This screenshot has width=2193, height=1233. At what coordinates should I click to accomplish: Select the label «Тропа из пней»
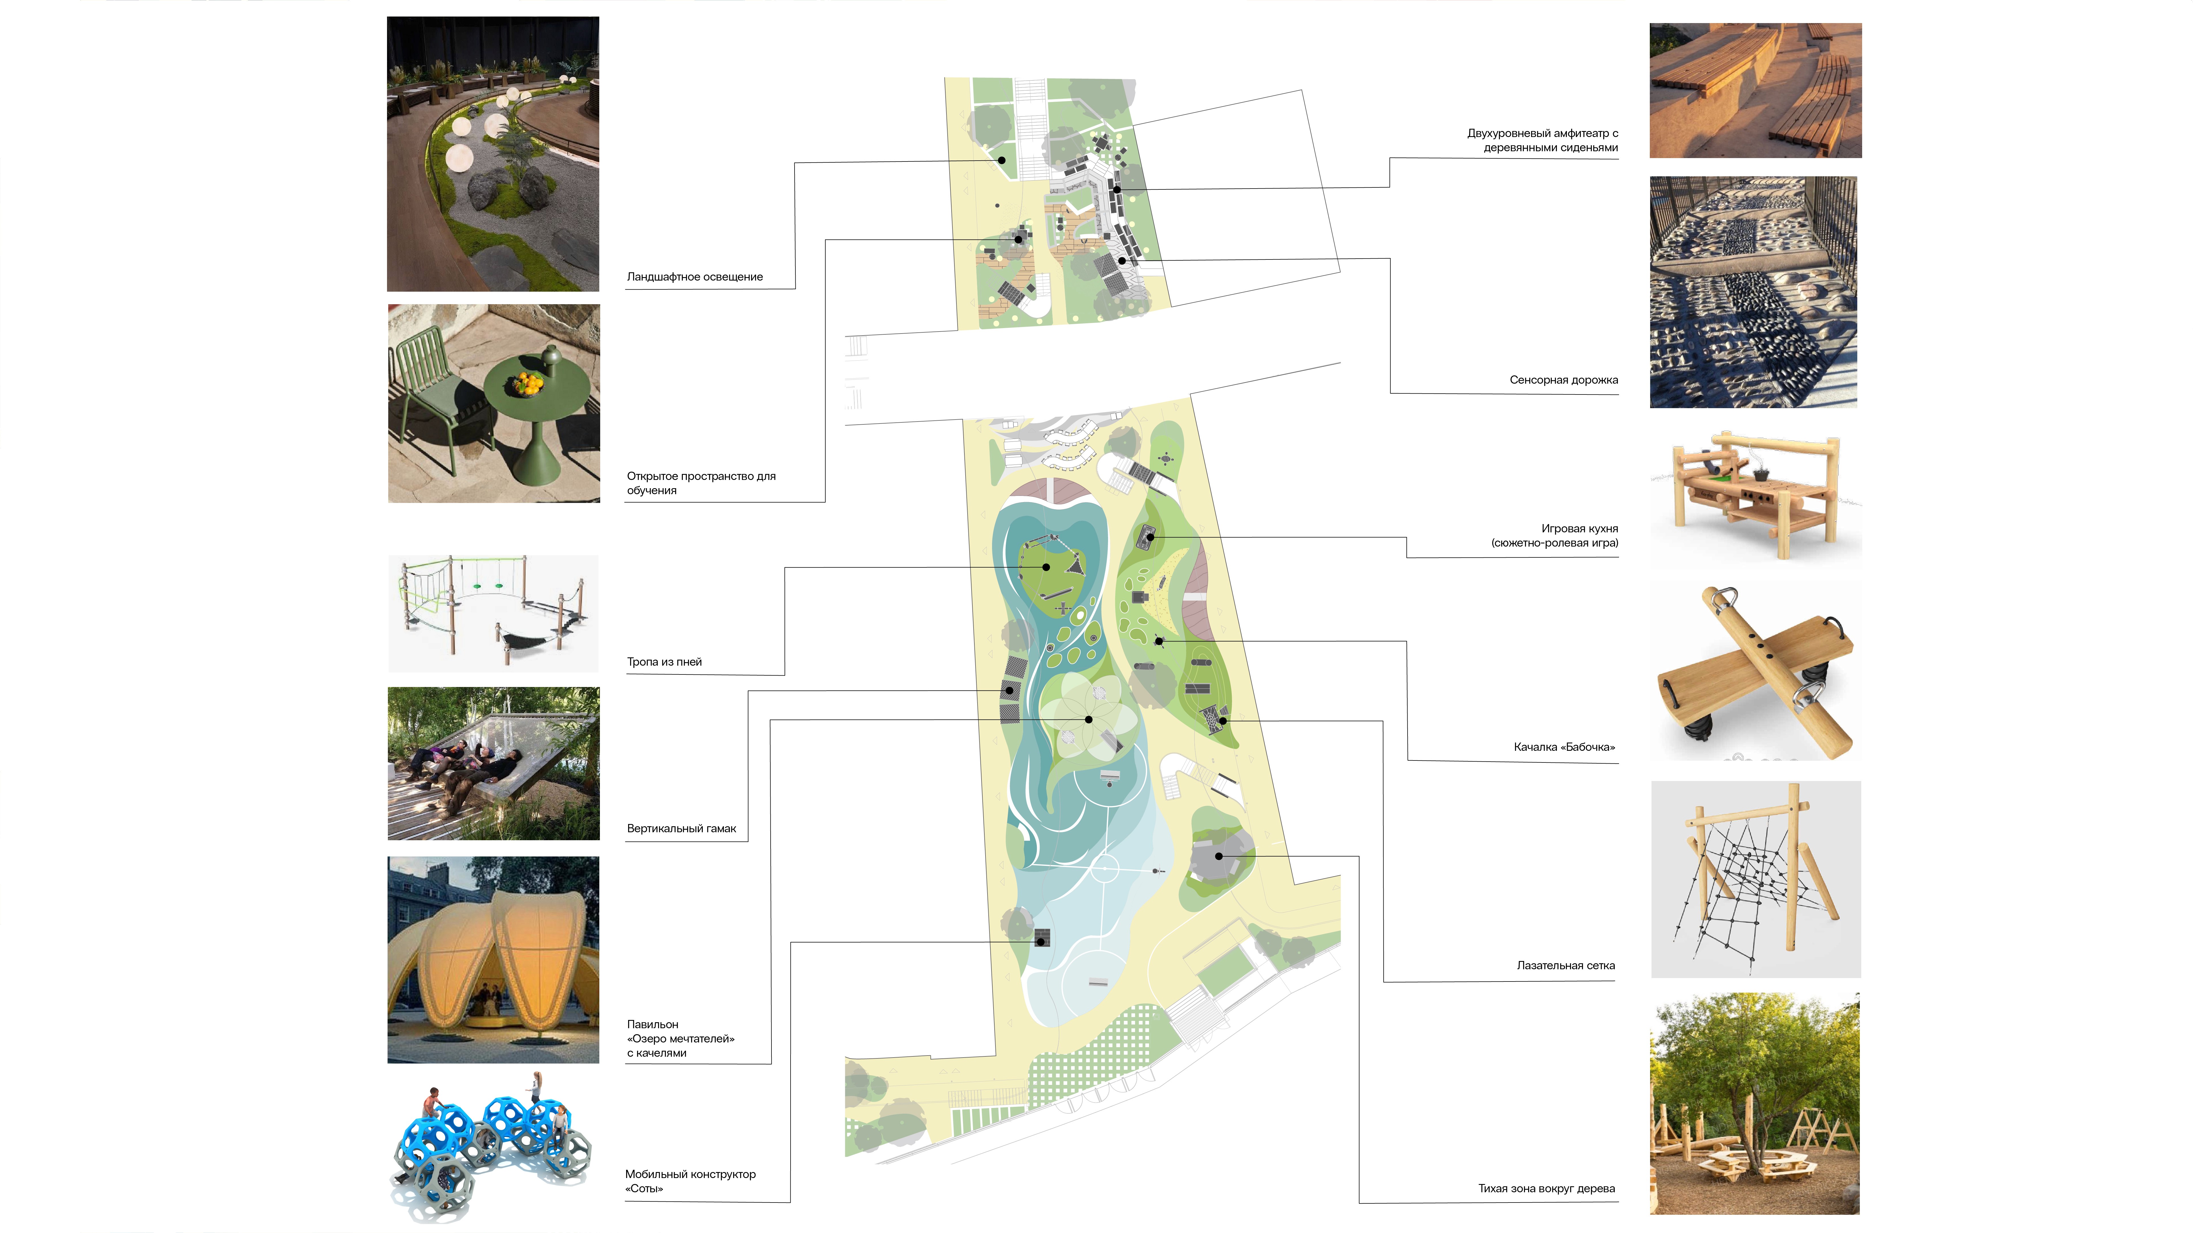(664, 662)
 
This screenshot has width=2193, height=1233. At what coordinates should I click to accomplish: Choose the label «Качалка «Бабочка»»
(1563, 747)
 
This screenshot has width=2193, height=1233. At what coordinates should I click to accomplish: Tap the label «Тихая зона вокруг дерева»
(1546, 1189)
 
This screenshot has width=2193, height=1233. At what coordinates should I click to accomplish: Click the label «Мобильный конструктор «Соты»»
(690, 1181)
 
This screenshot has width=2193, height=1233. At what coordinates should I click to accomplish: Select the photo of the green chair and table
(494, 403)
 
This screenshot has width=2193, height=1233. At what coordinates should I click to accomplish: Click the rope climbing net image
(1756, 879)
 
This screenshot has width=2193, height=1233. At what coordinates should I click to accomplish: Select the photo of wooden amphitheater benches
(1756, 90)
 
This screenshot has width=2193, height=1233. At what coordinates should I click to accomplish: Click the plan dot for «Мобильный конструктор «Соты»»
(1040, 942)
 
